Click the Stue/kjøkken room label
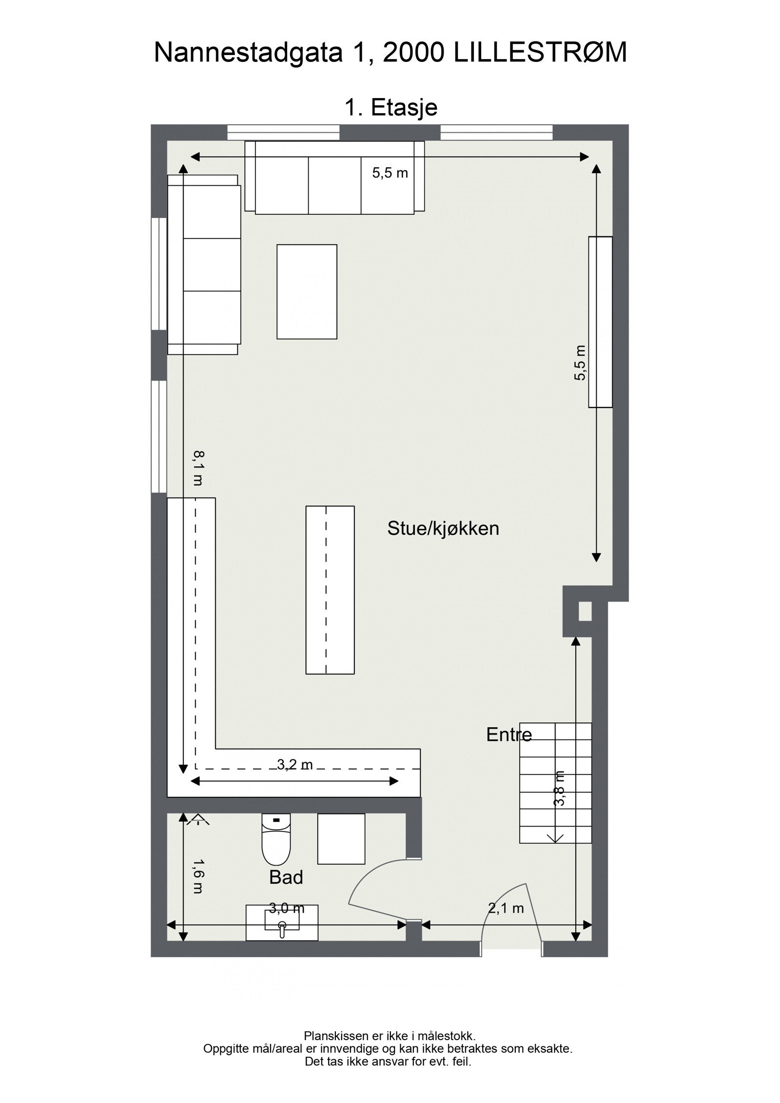pyautogui.click(x=443, y=528)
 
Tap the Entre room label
pyautogui.click(x=508, y=748)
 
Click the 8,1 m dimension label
pyautogui.click(x=198, y=468)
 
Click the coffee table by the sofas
pyautogui.click(x=307, y=291)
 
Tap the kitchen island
pyautogui.click(x=330, y=590)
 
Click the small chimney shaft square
pyautogui.click(x=585, y=612)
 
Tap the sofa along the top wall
pyautogui.click(x=334, y=177)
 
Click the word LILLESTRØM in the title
pyautogui.click(x=540, y=53)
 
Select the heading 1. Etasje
pyautogui.click(x=391, y=108)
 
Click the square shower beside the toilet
pyautogui.click(x=341, y=839)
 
